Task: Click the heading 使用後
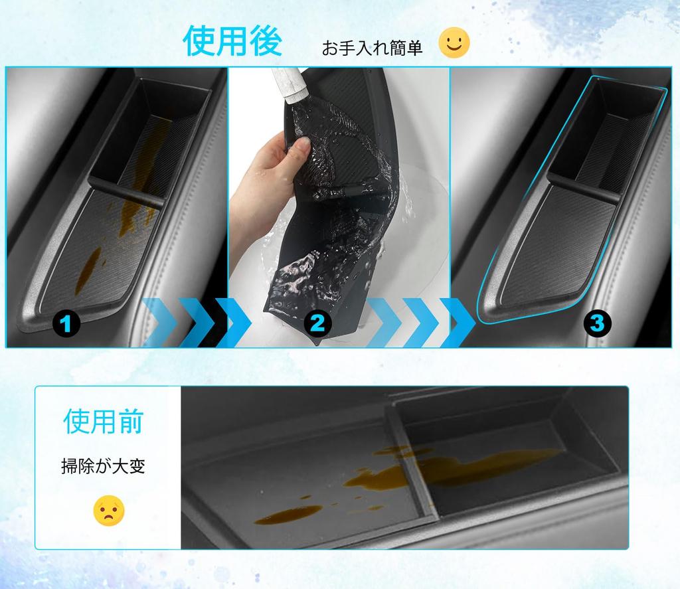point(232,41)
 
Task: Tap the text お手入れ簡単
point(372,48)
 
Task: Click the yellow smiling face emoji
point(454,43)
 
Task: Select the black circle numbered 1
point(66,324)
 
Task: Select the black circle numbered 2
point(317,323)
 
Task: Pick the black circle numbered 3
point(597,323)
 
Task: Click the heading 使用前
point(103,422)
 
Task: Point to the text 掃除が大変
point(103,466)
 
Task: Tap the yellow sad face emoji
point(108,510)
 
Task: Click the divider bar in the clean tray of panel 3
point(582,190)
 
